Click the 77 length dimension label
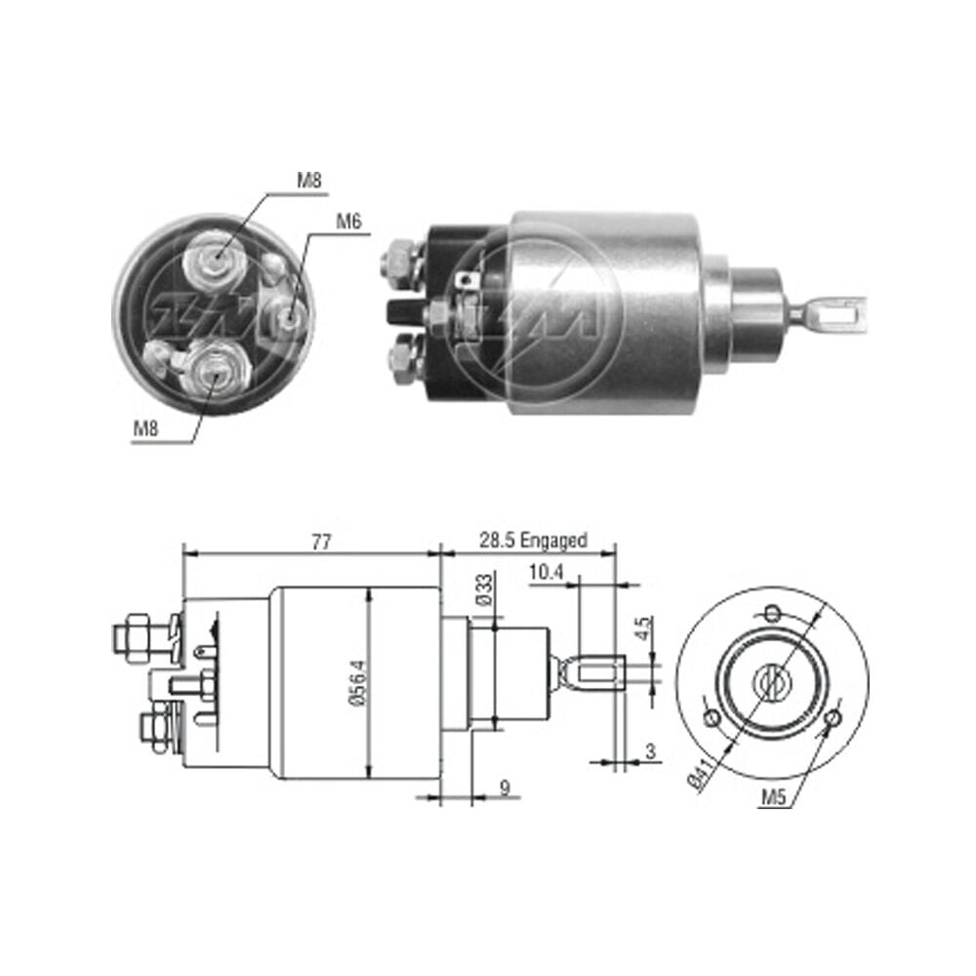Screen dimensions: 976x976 click(320, 542)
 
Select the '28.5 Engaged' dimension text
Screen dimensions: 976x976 click(533, 540)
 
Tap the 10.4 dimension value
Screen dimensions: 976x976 click(546, 572)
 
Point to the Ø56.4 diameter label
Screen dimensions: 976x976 click(360, 683)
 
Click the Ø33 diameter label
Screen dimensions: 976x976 click(485, 590)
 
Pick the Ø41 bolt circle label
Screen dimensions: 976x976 click(700, 776)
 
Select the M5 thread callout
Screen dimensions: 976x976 click(773, 796)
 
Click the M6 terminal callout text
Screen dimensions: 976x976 click(348, 221)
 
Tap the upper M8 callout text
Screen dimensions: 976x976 click(309, 181)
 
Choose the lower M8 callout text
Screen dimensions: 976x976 click(145, 428)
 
